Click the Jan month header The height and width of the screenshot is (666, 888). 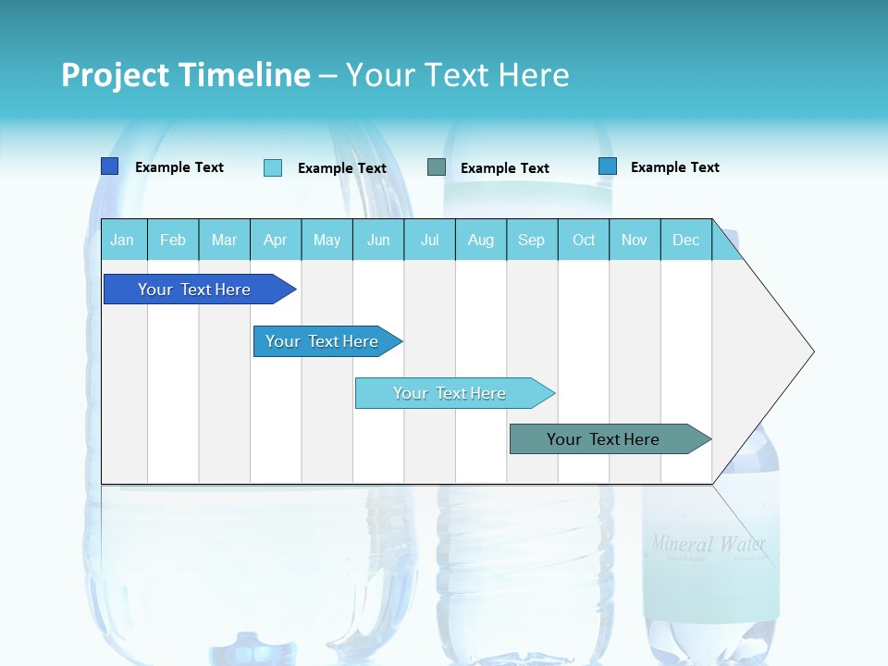click(122, 240)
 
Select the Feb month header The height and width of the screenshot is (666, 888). click(173, 240)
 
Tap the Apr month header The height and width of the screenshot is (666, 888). click(275, 240)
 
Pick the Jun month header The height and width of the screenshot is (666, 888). click(378, 240)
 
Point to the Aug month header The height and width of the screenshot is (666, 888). click(480, 240)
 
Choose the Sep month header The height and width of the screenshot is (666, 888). click(531, 240)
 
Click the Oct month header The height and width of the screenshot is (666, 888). click(584, 240)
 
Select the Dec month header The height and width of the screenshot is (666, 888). click(685, 240)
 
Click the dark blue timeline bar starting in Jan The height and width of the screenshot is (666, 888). click(194, 290)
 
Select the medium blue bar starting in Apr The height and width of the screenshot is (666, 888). click(322, 341)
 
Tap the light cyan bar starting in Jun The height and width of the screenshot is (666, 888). click(450, 393)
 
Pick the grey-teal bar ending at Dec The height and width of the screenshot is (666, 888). click(603, 439)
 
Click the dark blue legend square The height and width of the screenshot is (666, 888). click(109, 166)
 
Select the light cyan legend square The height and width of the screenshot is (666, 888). click(272, 167)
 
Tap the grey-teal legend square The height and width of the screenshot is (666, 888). click(437, 167)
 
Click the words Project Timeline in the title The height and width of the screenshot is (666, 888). click(185, 75)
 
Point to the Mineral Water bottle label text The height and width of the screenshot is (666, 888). click(709, 543)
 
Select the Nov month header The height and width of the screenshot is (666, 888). click(634, 240)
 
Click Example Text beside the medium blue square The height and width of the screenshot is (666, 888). click(674, 167)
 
